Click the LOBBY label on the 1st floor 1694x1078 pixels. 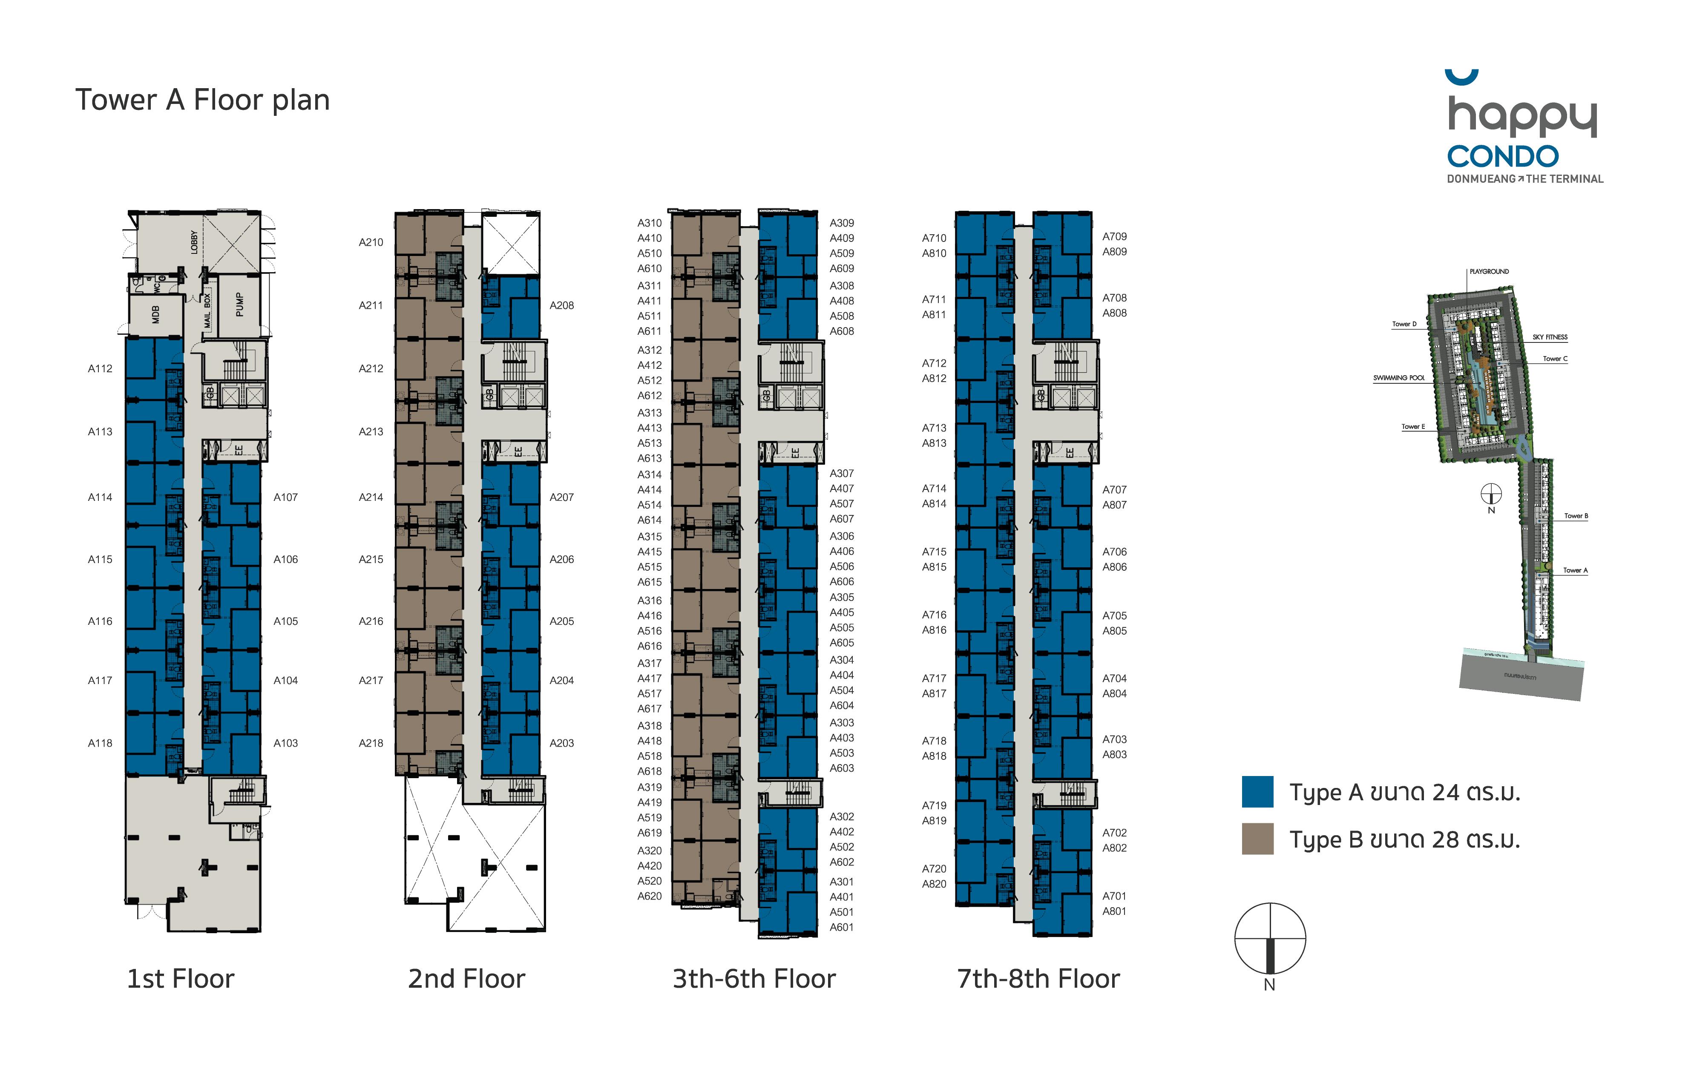[194, 242]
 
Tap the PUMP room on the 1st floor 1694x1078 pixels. [240, 304]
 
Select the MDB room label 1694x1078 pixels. [155, 314]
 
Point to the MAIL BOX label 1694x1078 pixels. [207, 311]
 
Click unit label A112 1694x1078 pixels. [100, 368]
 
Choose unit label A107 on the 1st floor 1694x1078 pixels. [286, 497]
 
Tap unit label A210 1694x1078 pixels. [371, 242]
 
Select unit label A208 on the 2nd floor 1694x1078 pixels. [561, 305]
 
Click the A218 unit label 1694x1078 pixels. [371, 743]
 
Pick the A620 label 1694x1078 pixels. [649, 896]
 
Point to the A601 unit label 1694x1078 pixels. [841, 927]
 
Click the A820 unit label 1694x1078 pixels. [934, 884]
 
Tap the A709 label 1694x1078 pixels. [1114, 236]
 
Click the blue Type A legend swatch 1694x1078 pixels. [1257, 792]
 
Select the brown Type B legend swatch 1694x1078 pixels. [1257, 839]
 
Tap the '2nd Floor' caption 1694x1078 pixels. [466, 979]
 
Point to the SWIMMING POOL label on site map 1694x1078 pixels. [1398, 378]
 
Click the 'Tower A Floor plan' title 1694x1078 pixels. [203, 100]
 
